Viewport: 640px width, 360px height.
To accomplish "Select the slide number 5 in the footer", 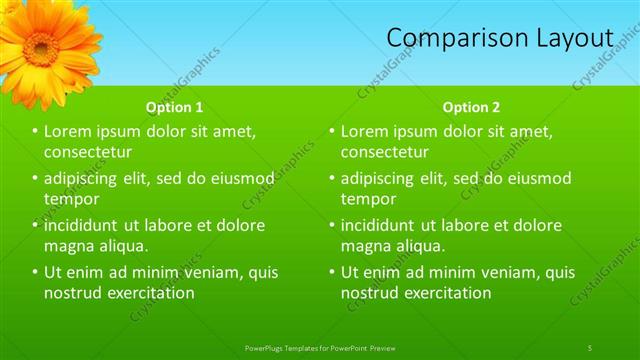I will (x=590, y=347).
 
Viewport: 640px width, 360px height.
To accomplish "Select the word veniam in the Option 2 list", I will (x=500, y=272).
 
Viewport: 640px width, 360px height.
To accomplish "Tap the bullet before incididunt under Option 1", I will (x=36, y=225).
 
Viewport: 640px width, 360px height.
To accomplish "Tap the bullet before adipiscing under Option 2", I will (x=333, y=179).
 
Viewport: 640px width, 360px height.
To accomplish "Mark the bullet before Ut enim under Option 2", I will (x=333, y=272).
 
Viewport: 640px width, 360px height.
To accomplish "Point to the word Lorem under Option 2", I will (x=363, y=132).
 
